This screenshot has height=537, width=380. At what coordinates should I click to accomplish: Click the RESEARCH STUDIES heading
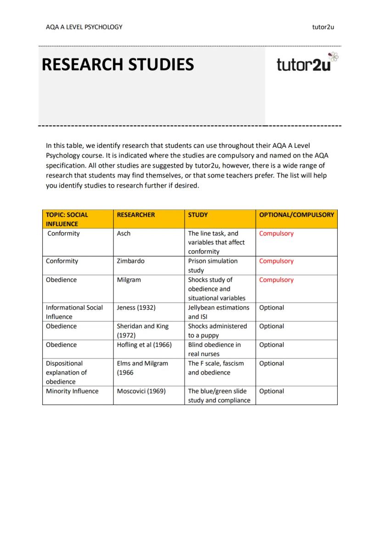117,65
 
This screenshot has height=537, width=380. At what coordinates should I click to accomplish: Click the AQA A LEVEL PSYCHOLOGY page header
84,27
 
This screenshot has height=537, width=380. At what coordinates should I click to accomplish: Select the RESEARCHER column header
136,215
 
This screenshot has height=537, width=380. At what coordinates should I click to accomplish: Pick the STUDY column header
198,215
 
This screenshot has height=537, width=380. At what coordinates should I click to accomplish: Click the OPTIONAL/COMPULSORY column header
296,215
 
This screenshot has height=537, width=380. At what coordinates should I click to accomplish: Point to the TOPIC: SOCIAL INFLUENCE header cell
67,219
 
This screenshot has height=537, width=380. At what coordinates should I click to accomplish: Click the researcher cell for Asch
124,234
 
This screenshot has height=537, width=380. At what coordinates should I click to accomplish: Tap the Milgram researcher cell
129,280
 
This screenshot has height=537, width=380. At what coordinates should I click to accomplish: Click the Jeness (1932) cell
136,308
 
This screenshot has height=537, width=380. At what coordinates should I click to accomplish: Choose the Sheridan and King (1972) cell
143,330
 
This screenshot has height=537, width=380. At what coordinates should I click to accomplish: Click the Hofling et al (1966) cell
144,345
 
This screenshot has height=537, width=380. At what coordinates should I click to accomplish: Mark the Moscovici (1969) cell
141,391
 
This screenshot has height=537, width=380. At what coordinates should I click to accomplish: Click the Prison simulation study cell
213,266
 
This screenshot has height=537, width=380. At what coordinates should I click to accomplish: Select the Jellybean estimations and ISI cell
218,312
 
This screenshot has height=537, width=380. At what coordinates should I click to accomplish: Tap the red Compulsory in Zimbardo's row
276,261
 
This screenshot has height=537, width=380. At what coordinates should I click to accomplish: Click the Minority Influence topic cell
72,391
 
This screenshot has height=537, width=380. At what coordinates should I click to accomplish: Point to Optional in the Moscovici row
271,391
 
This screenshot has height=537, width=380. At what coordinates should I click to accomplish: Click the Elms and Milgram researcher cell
143,368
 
